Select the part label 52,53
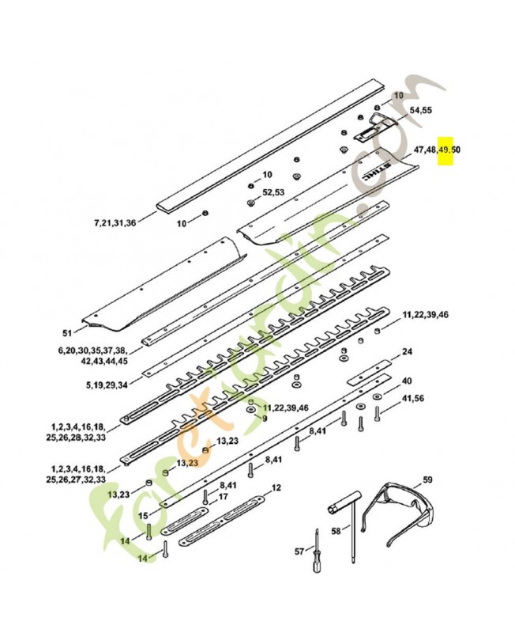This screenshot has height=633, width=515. tap(273, 192)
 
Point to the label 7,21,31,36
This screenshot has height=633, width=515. tap(115, 223)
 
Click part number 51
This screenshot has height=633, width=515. tap(68, 332)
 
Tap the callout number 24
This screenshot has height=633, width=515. tap(408, 352)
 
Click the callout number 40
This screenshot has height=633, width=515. tap(408, 381)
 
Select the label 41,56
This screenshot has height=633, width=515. tap(413, 398)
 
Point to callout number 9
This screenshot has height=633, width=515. tap(265, 418)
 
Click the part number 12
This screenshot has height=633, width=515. tap(276, 488)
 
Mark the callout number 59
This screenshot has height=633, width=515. tap(427, 479)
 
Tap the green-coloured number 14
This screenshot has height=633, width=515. tap(143, 558)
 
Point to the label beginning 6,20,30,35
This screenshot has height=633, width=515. tap(92, 354)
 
